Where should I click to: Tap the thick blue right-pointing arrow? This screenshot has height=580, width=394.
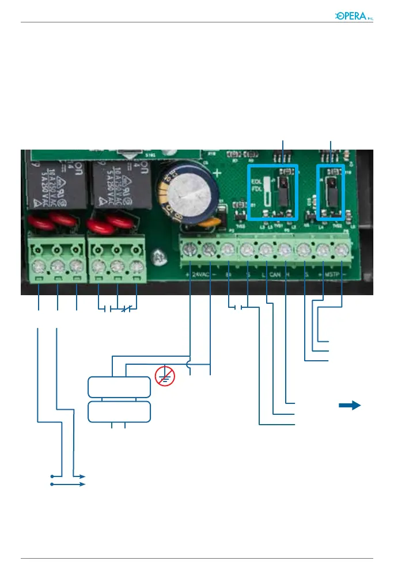(349, 406)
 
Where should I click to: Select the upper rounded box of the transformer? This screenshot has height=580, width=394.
(119, 387)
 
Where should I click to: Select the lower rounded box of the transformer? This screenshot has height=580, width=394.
(119, 412)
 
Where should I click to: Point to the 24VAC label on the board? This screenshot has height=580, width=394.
(200, 275)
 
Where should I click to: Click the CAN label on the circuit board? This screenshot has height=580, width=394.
(275, 275)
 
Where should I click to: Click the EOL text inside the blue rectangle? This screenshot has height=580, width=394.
(256, 180)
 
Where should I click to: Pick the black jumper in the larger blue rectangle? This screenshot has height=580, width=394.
(283, 191)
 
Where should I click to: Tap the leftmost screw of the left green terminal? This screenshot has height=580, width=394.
(38, 267)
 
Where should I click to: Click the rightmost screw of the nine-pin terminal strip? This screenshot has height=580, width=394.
(343, 250)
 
